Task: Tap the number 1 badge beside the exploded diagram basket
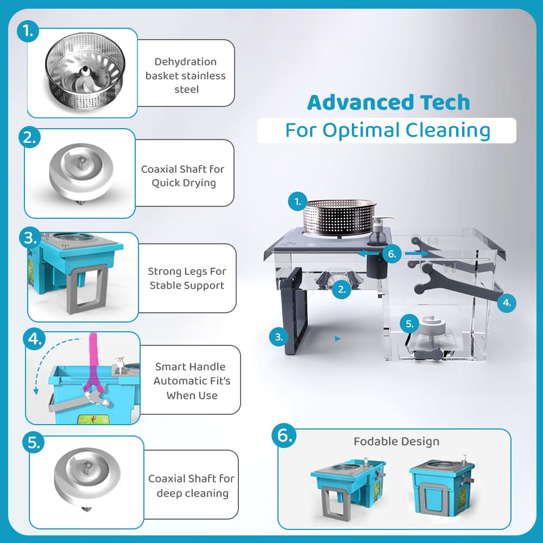coord(298,201)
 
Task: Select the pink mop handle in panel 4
coord(93,364)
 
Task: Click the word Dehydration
coord(186,62)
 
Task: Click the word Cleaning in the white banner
coord(448,130)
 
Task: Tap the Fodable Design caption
coord(396,441)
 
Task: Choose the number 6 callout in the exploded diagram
coord(392,254)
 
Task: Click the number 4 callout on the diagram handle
coord(507,302)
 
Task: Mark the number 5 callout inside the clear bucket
coord(409,324)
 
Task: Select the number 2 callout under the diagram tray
coord(342,289)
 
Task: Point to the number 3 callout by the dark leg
coord(279,337)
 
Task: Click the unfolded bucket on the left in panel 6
coord(348,487)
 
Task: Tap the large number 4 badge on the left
coord(34,339)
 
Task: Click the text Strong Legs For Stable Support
coord(187,279)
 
